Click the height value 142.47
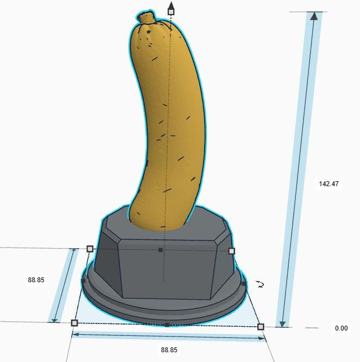point(329,184)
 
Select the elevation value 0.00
point(341,328)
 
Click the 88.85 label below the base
point(169,350)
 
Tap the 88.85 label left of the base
point(36,280)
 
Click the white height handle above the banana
point(171,11)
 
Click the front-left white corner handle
point(74,323)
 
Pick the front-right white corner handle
point(261,327)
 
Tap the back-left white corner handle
point(90,249)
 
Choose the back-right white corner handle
point(232,251)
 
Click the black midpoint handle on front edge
point(167,325)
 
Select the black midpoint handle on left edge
point(83,281)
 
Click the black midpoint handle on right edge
point(244,284)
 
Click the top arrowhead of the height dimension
point(314,16)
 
